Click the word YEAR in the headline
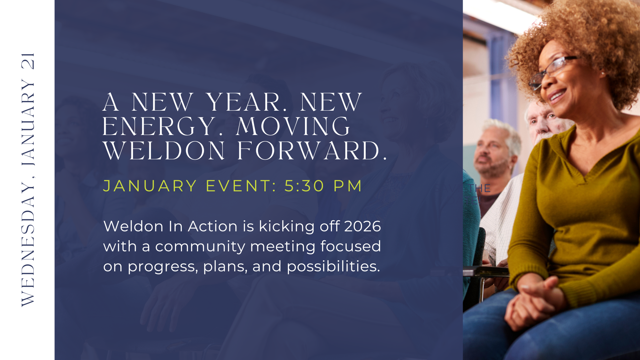[x=243, y=102]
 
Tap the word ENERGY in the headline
[x=159, y=127]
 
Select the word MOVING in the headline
[x=293, y=127]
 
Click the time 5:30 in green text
[x=304, y=186]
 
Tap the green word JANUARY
[x=150, y=186]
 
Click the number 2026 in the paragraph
[x=362, y=226]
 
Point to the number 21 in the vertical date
[x=28, y=61]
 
